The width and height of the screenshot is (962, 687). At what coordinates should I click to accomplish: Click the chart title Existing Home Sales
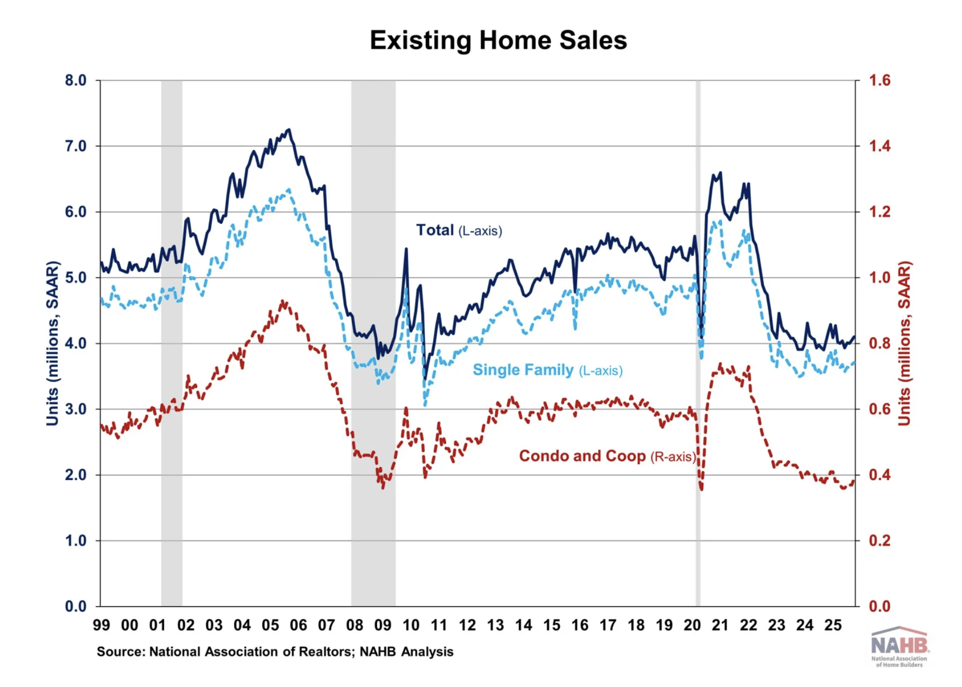[498, 40]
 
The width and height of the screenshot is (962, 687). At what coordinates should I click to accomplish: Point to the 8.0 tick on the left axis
[75, 80]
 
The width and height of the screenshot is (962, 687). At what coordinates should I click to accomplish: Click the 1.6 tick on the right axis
[880, 80]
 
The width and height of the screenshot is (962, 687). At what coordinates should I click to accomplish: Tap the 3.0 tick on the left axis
[75, 409]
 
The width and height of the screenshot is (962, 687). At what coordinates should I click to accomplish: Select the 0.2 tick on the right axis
[880, 541]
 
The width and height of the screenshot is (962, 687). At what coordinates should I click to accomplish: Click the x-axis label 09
[383, 625]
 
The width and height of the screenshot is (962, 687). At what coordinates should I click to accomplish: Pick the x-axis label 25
[833, 625]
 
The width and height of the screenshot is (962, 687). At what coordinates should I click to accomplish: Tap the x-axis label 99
[102, 625]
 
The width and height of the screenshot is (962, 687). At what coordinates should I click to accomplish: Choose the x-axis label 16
[580, 625]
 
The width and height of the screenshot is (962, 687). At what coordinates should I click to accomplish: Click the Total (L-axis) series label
[459, 230]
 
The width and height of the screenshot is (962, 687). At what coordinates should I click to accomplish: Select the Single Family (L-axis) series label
[547, 370]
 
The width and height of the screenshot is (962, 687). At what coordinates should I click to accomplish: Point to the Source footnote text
[275, 652]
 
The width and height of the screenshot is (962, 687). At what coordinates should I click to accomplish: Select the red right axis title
[904, 343]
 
